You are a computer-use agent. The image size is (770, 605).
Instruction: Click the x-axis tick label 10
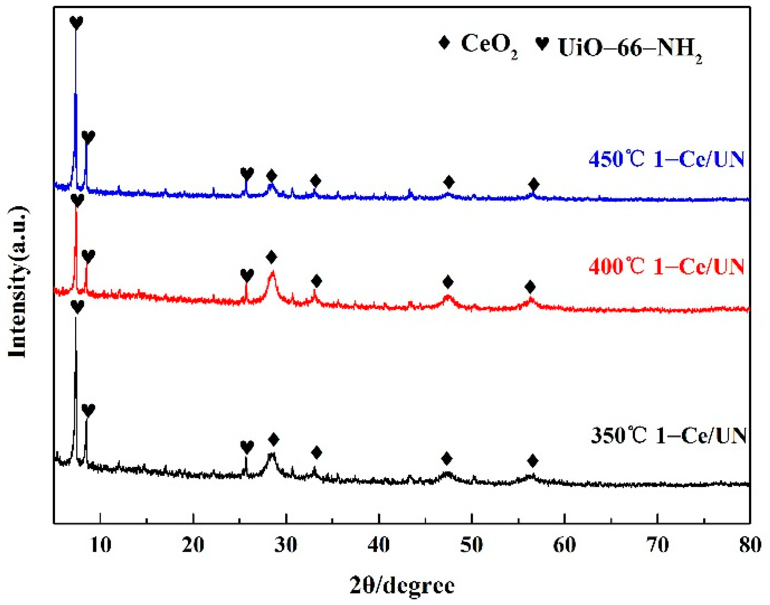(101, 546)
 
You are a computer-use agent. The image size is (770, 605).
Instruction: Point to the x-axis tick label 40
(378, 546)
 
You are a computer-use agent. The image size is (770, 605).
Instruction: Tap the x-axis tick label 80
(750, 546)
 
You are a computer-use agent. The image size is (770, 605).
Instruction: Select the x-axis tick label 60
(564, 546)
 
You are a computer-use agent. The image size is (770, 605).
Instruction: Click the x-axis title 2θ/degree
(402, 585)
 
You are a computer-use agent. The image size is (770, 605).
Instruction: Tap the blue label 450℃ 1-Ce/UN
(666, 159)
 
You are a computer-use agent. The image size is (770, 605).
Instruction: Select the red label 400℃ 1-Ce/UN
(666, 266)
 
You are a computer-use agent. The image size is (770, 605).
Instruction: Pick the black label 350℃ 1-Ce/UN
(668, 435)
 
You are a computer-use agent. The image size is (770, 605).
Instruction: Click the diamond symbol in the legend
(444, 42)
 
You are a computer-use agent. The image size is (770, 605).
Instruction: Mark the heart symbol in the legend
(542, 43)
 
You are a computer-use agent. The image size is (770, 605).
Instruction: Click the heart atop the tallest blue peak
(76, 22)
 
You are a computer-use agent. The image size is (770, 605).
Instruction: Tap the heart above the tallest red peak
(77, 200)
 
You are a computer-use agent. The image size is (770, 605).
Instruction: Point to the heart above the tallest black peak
(77, 306)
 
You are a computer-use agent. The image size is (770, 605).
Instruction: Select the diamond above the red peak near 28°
(271, 257)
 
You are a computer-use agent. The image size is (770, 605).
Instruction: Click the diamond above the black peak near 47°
(447, 458)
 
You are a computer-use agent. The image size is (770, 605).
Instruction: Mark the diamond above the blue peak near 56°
(533, 184)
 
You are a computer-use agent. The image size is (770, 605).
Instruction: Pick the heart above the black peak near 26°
(247, 447)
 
